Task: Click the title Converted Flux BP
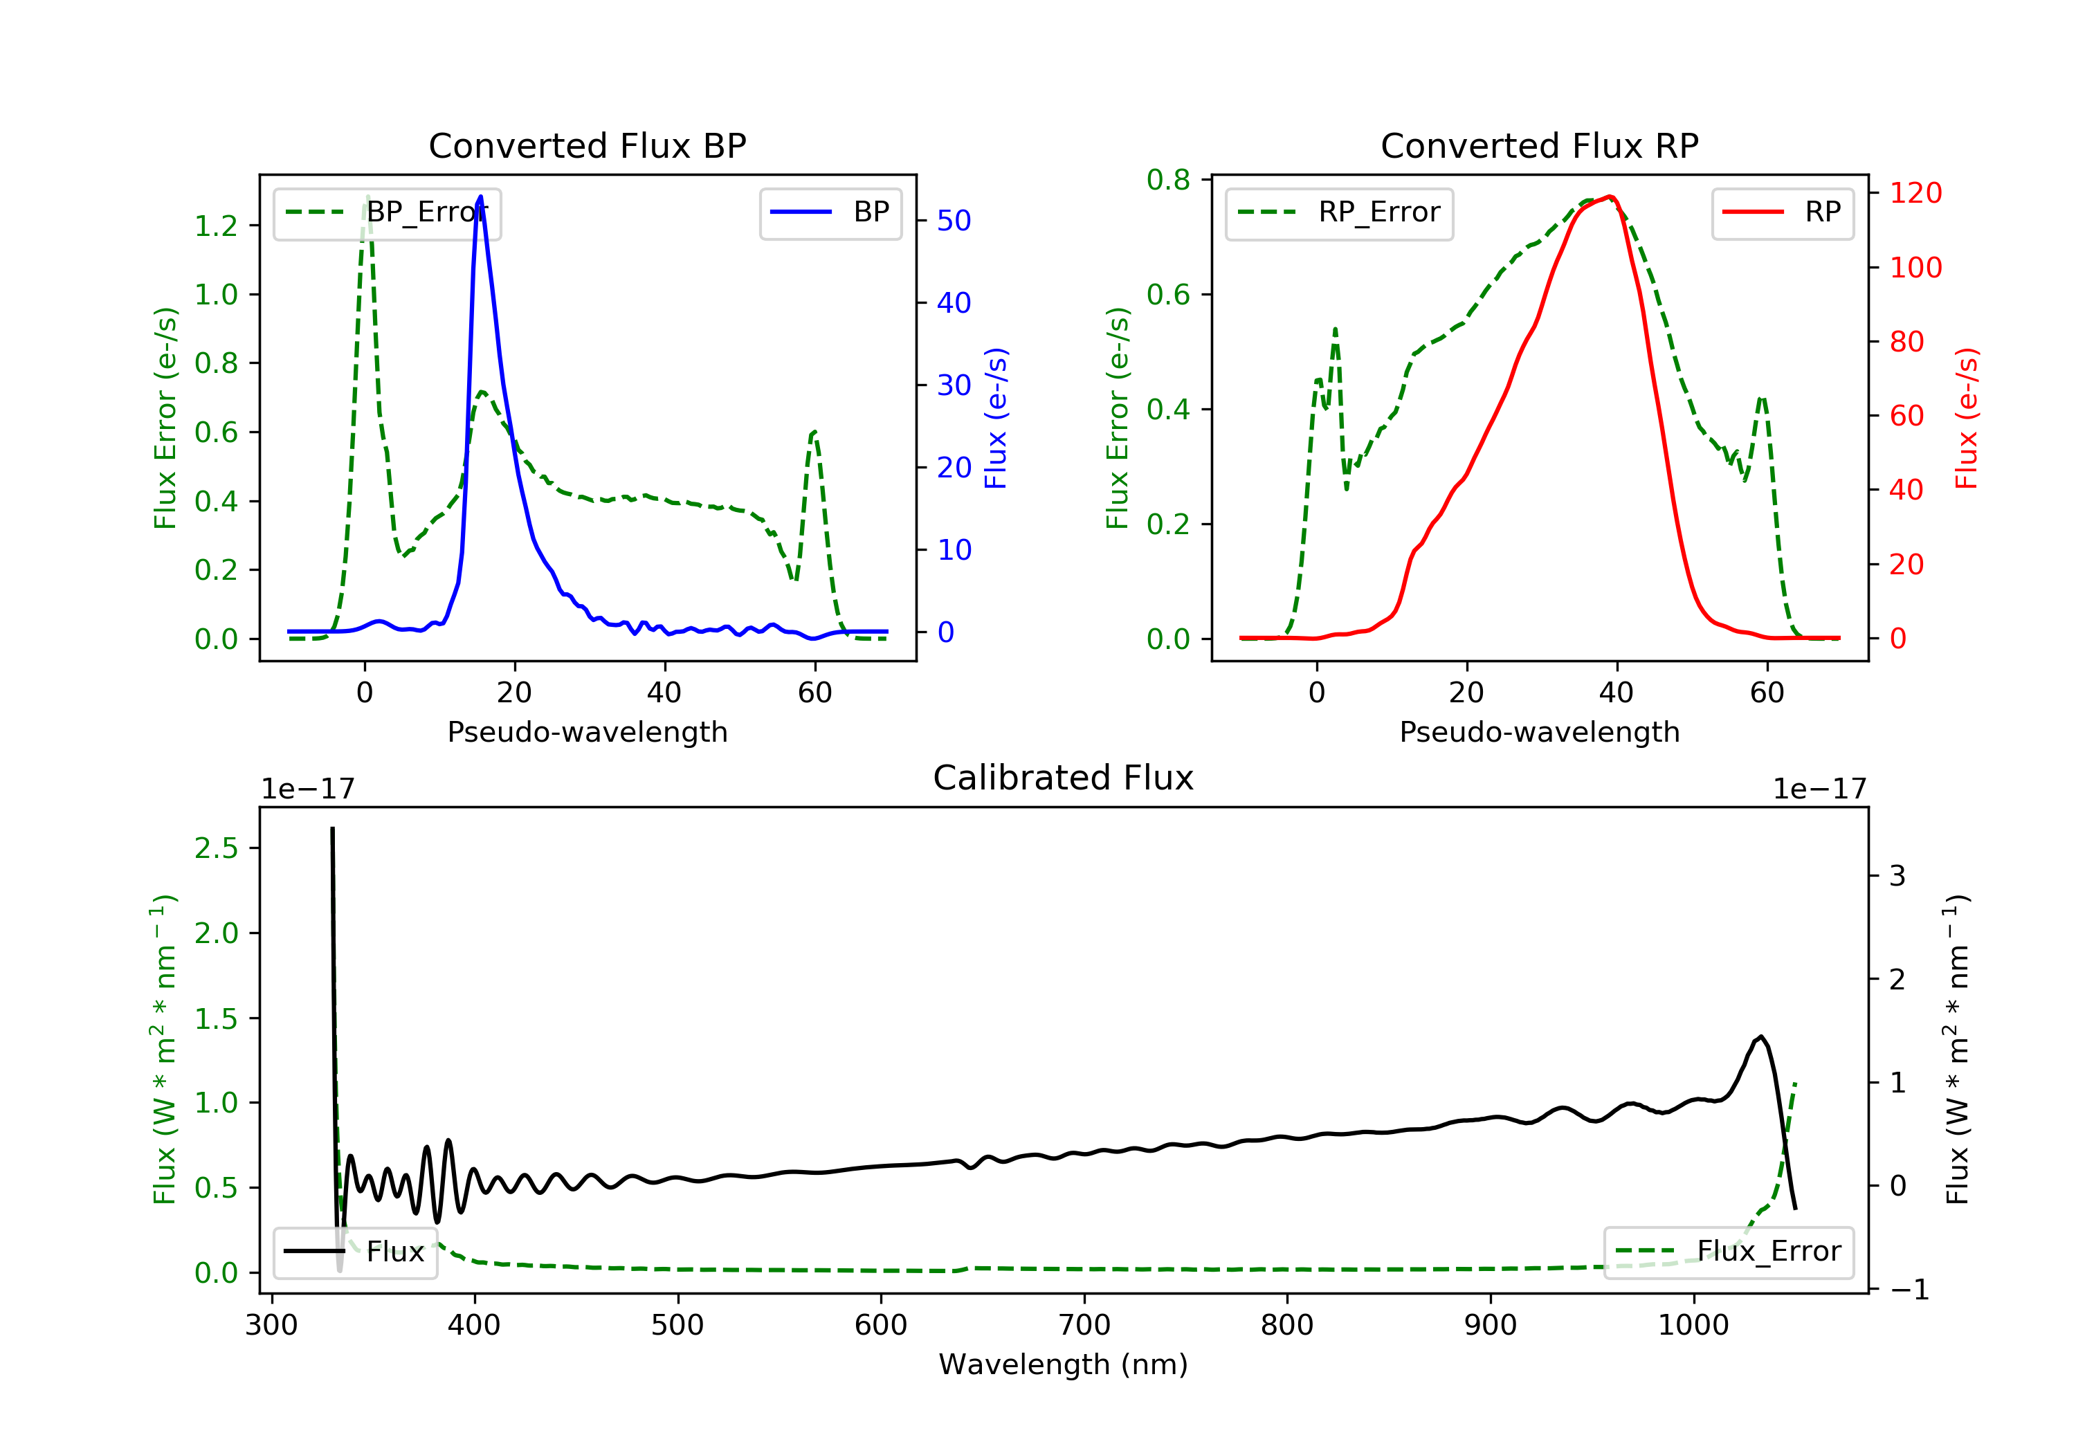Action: point(587,145)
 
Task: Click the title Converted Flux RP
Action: point(1539,145)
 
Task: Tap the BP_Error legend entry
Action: point(387,212)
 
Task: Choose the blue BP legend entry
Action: point(830,212)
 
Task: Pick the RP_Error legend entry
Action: point(1339,212)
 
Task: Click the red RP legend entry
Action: point(1782,212)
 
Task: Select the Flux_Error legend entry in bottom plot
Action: point(1728,1252)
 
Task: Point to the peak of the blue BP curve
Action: point(480,197)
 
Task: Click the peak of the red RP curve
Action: point(1610,197)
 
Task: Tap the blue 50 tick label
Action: point(954,221)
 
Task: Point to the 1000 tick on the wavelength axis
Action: point(1693,1326)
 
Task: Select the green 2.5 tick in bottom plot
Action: point(216,848)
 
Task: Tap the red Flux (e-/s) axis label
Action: point(1966,418)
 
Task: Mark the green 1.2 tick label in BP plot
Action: point(216,226)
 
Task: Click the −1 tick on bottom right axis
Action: point(1907,1289)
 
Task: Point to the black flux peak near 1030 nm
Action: point(1760,1037)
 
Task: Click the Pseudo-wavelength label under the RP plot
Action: point(1539,731)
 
